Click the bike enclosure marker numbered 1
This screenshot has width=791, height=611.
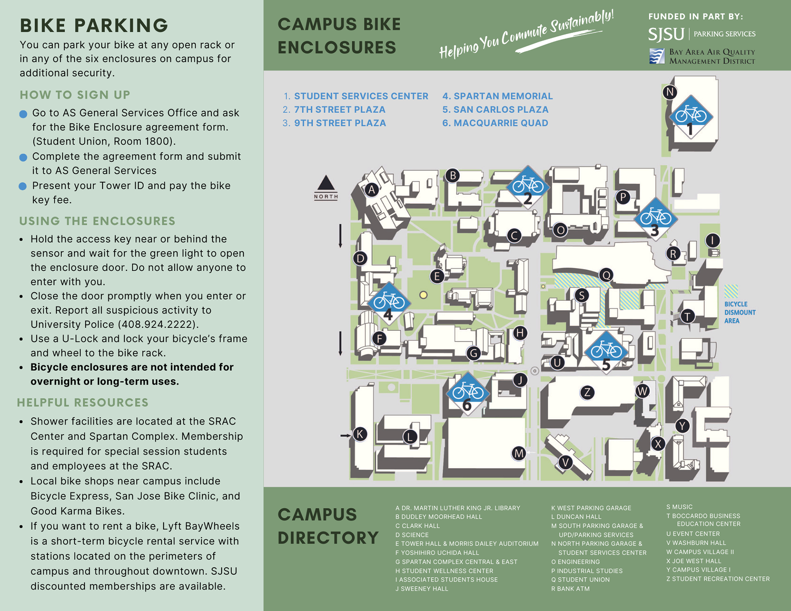point(691,117)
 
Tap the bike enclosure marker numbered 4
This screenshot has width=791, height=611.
point(388,303)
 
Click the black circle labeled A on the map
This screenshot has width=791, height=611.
point(372,190)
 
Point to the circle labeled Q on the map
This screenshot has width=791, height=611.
point(606,275)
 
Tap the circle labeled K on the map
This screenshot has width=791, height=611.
point(360,434)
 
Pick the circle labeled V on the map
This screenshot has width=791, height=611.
point(565,462)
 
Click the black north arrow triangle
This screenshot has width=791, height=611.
point(326,183)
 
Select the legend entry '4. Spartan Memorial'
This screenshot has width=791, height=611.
point(497,96)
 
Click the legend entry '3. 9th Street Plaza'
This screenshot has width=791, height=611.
point(334,123)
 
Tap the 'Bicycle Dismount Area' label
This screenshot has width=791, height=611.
point(740,312)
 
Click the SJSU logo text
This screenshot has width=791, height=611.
point(666,34)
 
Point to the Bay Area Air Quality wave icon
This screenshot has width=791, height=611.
point(657,56)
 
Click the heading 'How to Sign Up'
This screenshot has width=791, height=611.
point(75,95)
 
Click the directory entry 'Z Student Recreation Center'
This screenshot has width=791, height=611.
point(718,579)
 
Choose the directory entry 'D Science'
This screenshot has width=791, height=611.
point(412,535)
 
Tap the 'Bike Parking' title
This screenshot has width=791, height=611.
point(94,26)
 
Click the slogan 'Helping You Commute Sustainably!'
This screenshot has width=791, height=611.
point(526,35)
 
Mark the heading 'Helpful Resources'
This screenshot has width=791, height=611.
point(83,403)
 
